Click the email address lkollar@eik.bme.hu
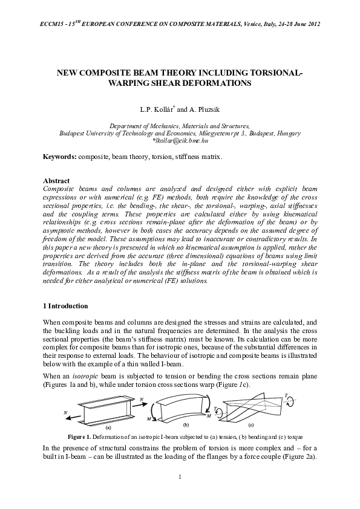pos(181,140)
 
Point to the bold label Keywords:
pos(59,157)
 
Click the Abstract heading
pos(56,181)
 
